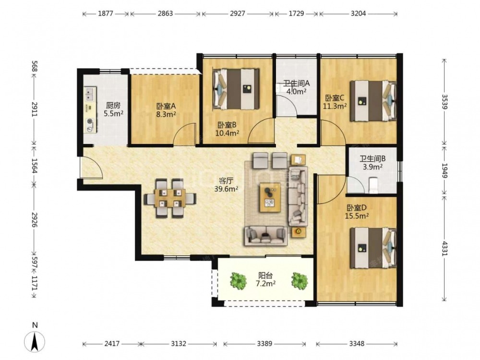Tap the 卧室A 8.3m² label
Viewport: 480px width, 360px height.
pyautogui.click(x=166, y=110)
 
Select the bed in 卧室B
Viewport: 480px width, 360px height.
pyautogui.click(x=236, y=89)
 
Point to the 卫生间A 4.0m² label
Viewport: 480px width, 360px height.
pyautogui.click(x=296, y=87)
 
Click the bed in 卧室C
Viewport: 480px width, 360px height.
pyautogui.click(x=373, y=101)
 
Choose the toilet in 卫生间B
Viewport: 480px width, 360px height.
pyautogui.click(x=374, y=185)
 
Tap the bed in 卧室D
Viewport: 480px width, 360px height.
pyautogui.click(x=373, y=248)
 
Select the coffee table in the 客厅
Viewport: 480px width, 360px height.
pyautogui.click(x=270, y=197)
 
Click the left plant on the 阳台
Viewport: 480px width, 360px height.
pyautogui.click(x=239, y=280)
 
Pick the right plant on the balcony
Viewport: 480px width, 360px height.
pyautogui.click(x=299, y=280)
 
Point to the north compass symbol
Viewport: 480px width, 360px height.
pyautogui.click(x=35, y=341)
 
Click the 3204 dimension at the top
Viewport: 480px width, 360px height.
pyautogui.click(x=359, y=13)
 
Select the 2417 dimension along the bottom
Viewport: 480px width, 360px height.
pyautogui.click(x=112, y=344)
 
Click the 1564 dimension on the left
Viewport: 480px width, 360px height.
pyautogui.click(x=34, y=166)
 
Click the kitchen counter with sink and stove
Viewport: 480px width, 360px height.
pyautogui.click(x=90, y=110)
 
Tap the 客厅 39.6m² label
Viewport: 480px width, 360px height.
pyautogui.click(x=226, y=185)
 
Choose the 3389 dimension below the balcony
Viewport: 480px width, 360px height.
pyautogui.click(x=264, y=344)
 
